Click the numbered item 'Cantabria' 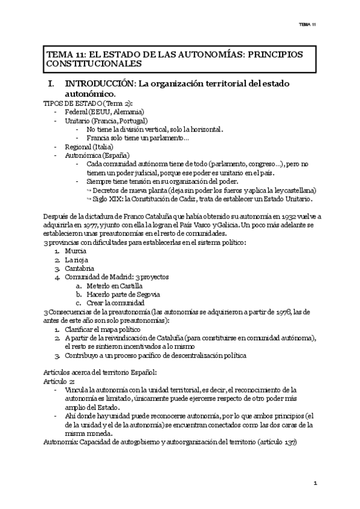pyautogui.click(x=80, y=268)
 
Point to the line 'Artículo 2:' pyautogui.click(x=59, y=381)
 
